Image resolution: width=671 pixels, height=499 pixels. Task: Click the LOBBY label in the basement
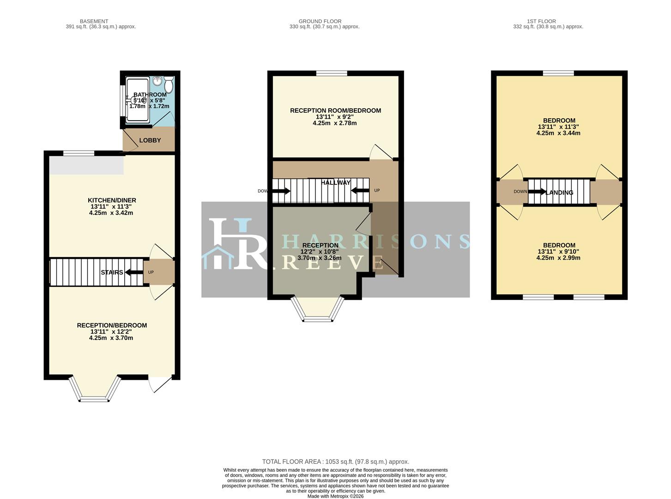pyautogui.click(x=150, y=140)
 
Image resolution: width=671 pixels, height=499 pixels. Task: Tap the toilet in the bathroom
pyautogui.click(x=169, y=85)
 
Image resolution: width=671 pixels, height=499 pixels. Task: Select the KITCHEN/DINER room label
pyautogui.click(x=112, y=201)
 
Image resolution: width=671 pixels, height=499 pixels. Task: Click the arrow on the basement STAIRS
pyautogui.click(x=134, y=272)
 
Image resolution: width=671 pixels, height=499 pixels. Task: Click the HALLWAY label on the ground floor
pyautogui.click(x=336, y=183)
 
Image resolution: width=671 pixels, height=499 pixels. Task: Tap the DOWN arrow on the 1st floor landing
pyautogui.click(x=537, y=192)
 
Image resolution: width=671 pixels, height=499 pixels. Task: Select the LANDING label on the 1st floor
pyautogui.click(x=559, y=193)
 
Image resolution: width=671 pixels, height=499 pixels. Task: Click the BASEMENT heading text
pyautogui.click(x=94, y=21)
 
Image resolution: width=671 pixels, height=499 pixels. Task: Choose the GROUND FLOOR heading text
pyautogui.click(x=320, y=21)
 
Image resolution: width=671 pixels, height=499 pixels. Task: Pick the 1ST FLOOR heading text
pyautogui.click(x=541, y=21)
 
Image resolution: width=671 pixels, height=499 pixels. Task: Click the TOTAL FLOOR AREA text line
pyautogui.click(x=336, y=462)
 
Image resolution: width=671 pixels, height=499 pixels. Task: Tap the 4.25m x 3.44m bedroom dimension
pyautogui.click(x=558, y=133)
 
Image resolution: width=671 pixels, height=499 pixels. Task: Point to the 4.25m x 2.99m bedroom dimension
pyautogui.click(x=558, y=258)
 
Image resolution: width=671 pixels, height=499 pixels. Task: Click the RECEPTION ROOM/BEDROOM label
pyautogui.click(x=335, y=110)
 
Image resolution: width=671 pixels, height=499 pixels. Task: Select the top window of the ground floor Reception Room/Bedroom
pyautogui.click(x=332, y=73)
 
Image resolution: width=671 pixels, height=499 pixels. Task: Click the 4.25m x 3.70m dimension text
pyautogui.click(x=111, y=338)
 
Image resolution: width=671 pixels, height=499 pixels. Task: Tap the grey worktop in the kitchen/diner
pyautogui.click(x=87, y=165)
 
